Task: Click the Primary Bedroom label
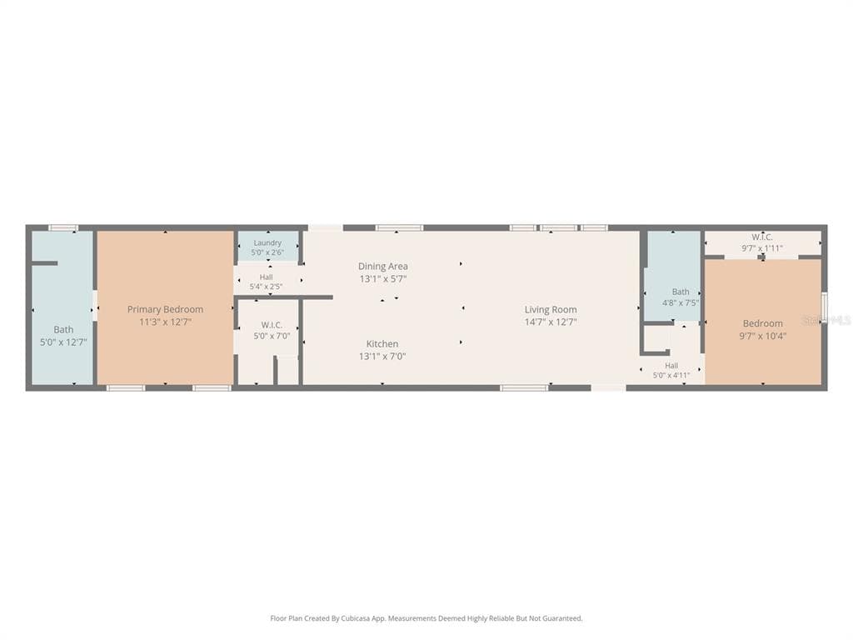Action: (x=166, y=309)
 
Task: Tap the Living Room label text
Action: (x=551, y=309)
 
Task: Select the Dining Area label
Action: (x=383, y=266)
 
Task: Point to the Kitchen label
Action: (x=382, y=343)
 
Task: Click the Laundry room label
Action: (x=267, y=242)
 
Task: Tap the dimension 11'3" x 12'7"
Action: (x=166, y=322)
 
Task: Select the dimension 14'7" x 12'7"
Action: (x=551, y=322)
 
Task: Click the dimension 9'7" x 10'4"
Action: (x=763, y=336)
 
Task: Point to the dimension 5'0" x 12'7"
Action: (x=63, y=342)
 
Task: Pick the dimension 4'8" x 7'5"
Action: (x=681, y=302)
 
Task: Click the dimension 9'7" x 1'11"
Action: (x=762, y=248)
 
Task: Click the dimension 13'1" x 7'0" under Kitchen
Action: (x=382, y=357)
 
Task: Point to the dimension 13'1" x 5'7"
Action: (x=383, y=279)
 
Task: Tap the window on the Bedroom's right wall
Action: (x=824, y=304)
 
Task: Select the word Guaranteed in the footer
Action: (x=562, y=618)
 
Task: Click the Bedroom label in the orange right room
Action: (x=763, y=323)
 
